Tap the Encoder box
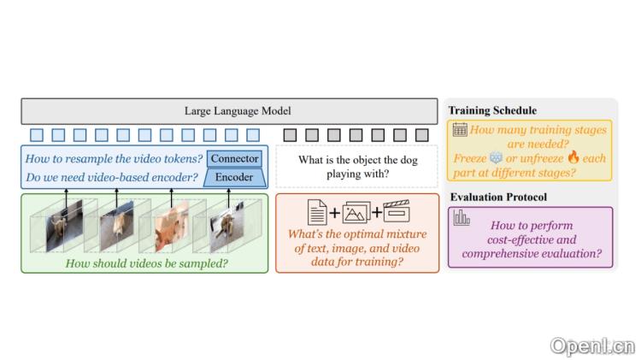click(x=233, y=178)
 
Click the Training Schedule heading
click(x=492, y=111)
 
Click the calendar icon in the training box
click(x=460, y=130)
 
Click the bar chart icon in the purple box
click(x=462, y=218)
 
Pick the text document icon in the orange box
click(x=315, y=210)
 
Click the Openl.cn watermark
click(x=591, y=346)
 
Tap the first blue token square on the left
click(x=36, y=134)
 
